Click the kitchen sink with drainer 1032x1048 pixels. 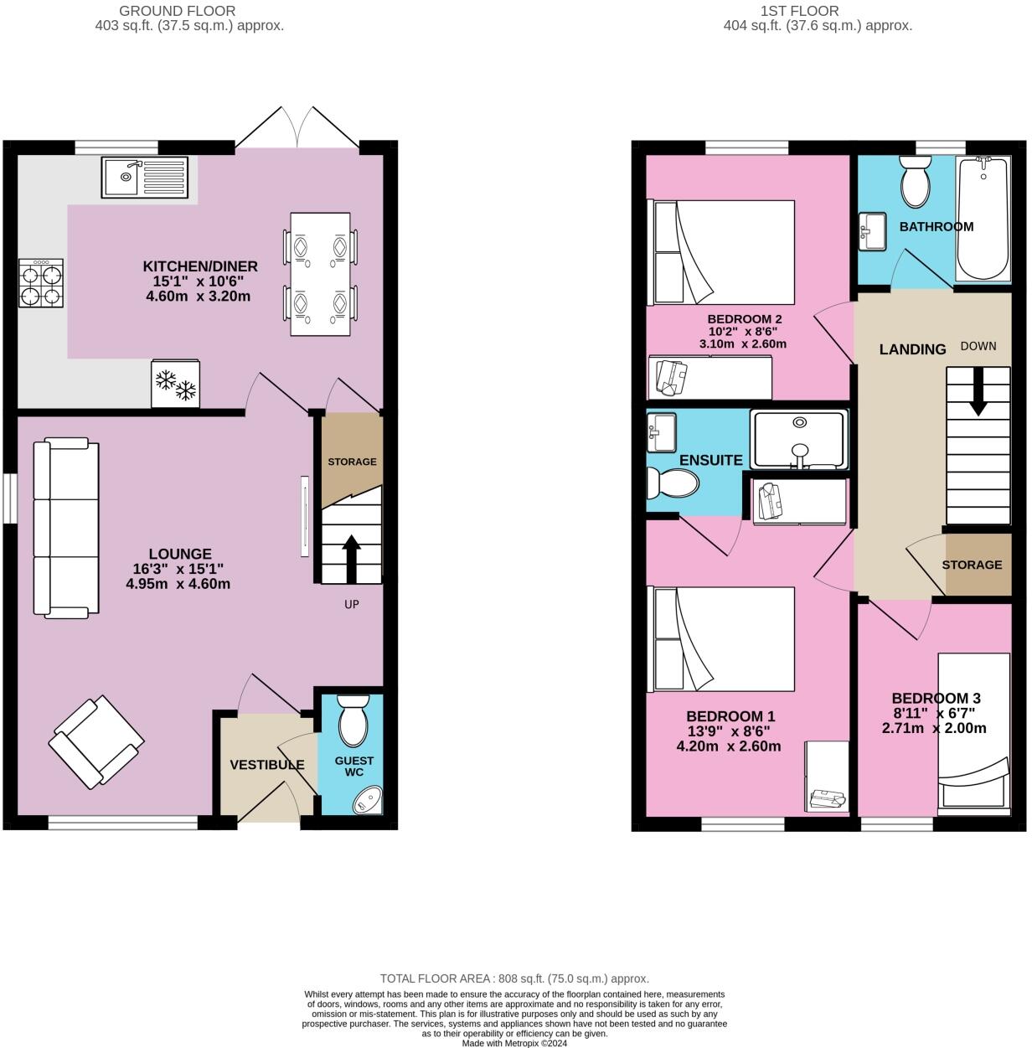pos(147,177)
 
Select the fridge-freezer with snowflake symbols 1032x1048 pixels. pos(176,384)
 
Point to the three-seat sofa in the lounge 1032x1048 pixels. pos(65,526)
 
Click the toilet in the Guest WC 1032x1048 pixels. pos(352,720)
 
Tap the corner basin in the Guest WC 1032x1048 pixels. pos(368,800)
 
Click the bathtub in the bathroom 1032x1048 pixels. pos(983,219)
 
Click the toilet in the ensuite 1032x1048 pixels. pos(673,483)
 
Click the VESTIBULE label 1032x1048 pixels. pos(267,764)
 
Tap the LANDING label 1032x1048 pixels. pos(912,349)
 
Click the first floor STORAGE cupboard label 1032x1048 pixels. pos(972,565)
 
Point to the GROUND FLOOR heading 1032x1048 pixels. pos(178,11)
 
